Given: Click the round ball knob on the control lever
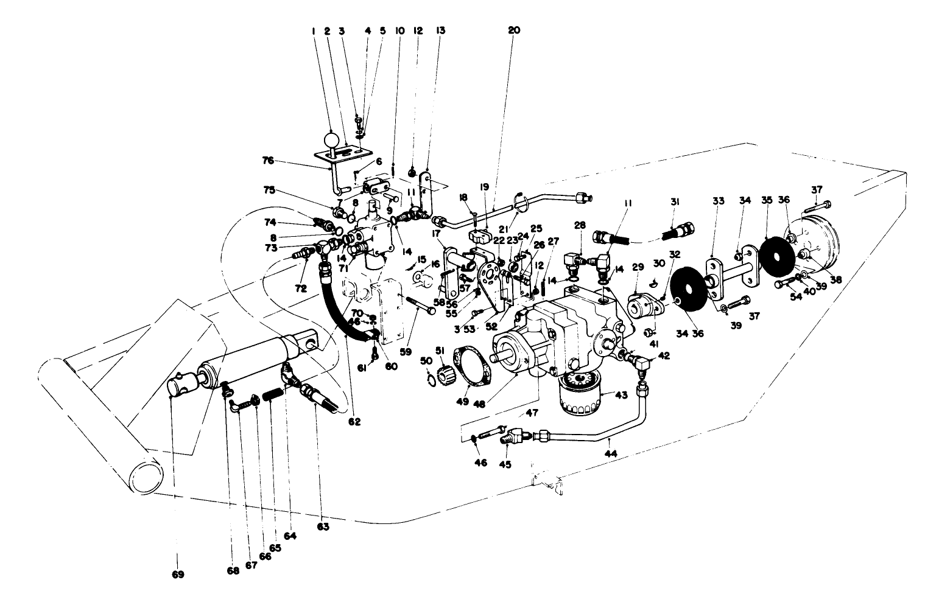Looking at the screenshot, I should pos(331,141).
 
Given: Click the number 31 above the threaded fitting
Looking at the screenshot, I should pos(675,201).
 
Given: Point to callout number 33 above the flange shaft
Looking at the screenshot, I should pos(719,201).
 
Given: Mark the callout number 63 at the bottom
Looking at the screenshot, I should pos(323,527).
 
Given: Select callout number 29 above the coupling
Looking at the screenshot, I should pos(637,267).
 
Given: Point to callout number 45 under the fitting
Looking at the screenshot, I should pos(505,464).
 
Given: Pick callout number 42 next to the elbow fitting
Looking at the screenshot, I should pos(664,357).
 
